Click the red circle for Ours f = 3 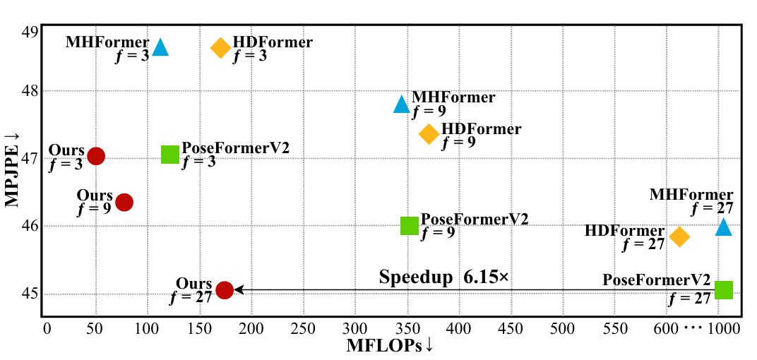tap(96, 156)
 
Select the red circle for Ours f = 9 tap(124, 202)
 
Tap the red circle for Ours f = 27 tap(225, 289)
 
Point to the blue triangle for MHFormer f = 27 tap(723, 227)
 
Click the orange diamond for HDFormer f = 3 tap(221, 48)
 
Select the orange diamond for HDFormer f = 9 tap(429, 134)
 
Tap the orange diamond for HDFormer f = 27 tap(679, 236)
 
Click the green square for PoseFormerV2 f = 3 tap(170, 155)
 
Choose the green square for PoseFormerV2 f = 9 tap(410, 225)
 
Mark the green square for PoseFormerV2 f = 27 tap(723, 289)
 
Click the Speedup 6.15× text tap(443, 277)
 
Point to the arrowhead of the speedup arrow tap(239, 289)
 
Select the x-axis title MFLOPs tap(388, 346)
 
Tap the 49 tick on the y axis tap(30, 32)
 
